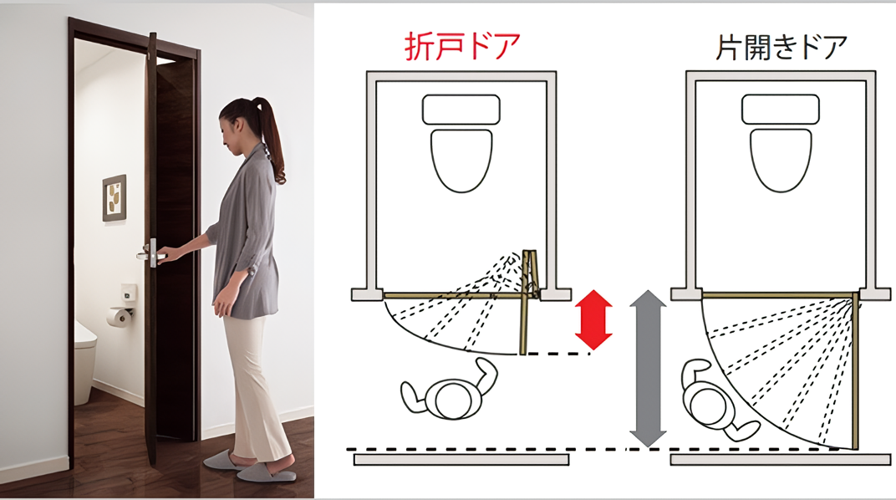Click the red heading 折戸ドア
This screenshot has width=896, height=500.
(x=461, y=46)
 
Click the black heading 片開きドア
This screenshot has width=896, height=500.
(x=781, y=46)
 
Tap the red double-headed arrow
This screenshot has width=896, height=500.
(x=593, y=319)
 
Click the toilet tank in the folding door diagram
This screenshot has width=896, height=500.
(x=461, y=110)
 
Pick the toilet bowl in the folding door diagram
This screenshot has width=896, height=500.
(x=461, y=160)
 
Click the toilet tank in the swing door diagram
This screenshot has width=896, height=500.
(x=781, y=110)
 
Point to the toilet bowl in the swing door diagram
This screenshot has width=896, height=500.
(x=781, y=160)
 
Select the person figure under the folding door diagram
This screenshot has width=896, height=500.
(x=449, y=390)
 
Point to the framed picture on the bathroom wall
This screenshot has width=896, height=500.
(x=115, y=197)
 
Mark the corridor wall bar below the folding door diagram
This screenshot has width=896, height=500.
(x=461, y=459)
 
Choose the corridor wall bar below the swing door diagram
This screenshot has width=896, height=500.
(x=780, y=459)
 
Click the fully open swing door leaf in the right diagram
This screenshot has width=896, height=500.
(x=855, y=370)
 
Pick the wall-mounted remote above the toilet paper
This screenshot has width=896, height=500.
(x=129, y=293)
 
